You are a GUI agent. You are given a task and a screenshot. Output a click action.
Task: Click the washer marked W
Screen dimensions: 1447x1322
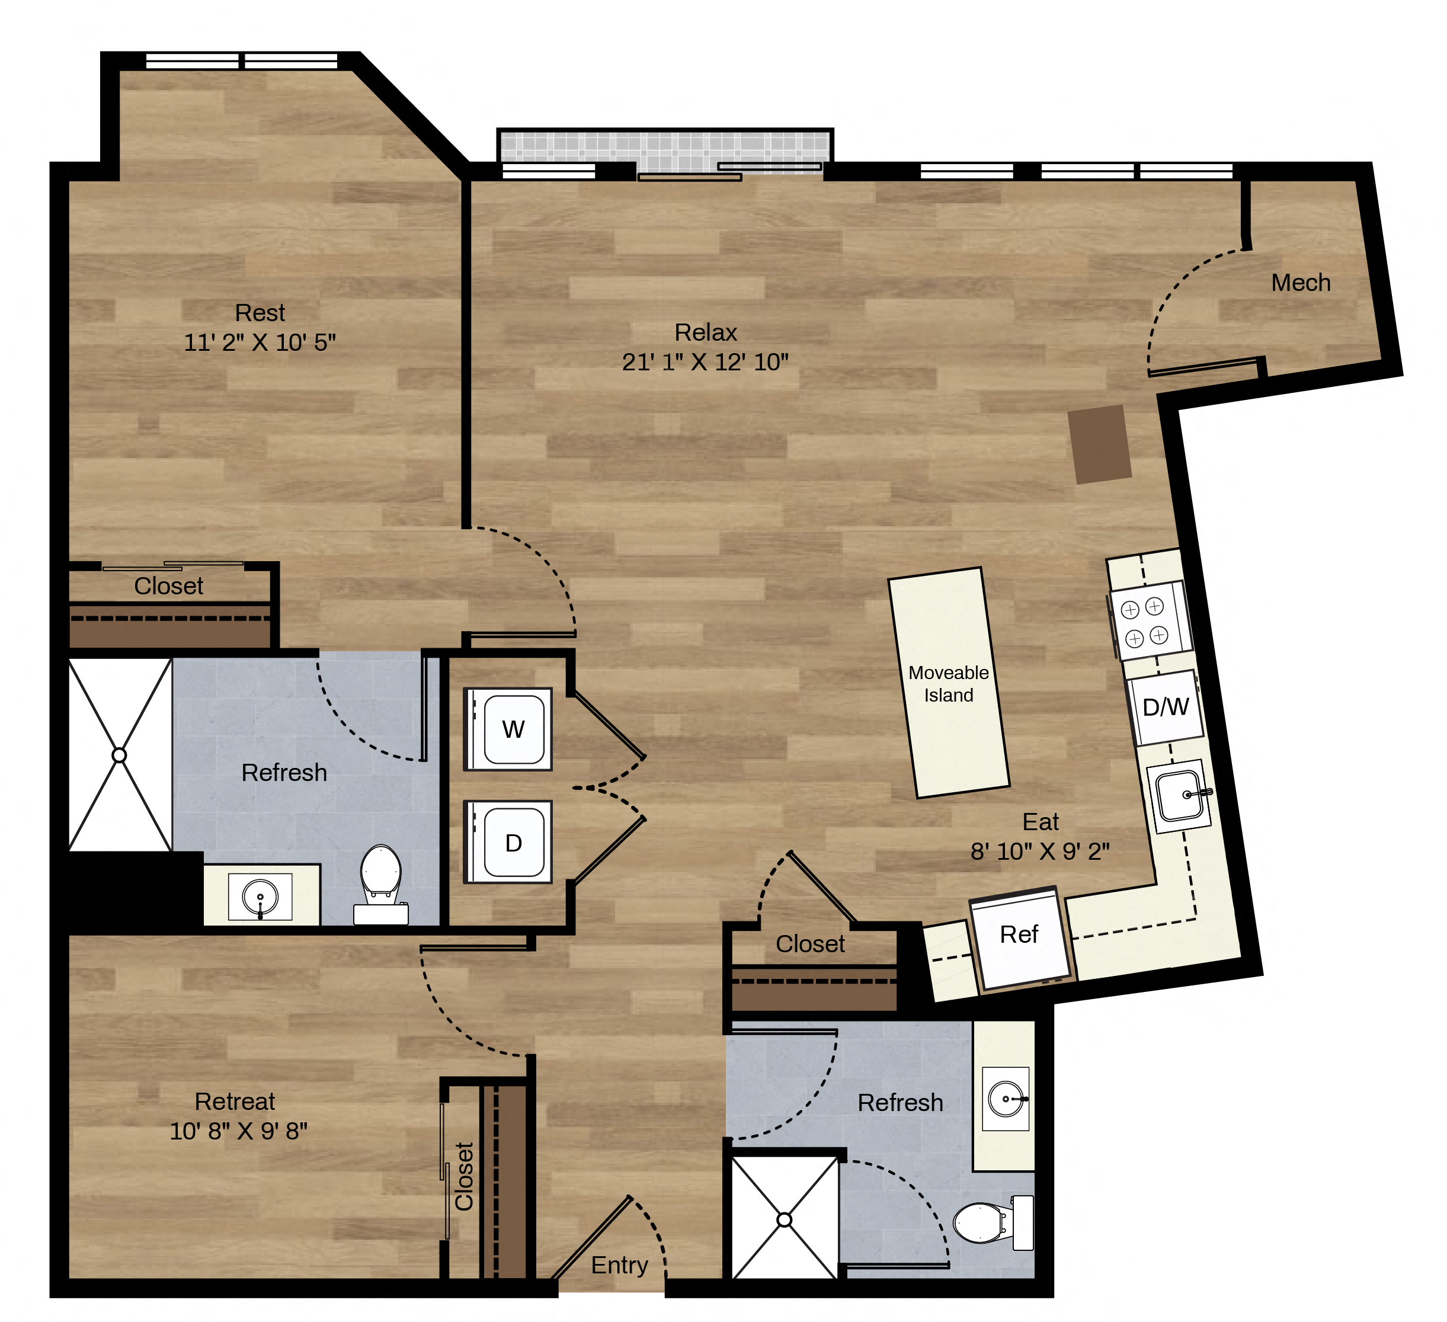point(507,729)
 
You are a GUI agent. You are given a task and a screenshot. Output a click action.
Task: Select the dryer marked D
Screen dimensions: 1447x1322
point(507,842)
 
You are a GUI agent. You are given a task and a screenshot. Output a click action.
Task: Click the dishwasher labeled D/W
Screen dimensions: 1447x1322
point(1166,708)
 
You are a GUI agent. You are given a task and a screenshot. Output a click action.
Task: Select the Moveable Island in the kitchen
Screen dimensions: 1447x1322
point(949,683)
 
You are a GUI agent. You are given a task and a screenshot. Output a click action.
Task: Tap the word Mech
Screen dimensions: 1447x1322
point(1301,283)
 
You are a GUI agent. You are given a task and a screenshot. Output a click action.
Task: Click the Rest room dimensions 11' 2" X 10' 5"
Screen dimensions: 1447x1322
point(260,342)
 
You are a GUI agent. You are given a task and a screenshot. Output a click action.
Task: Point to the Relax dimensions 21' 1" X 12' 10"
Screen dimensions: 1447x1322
point(705,361)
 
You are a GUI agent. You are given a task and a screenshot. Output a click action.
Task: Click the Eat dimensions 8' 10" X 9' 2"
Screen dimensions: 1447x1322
point(1040,851)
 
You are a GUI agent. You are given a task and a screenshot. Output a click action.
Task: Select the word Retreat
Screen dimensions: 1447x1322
point(235,1101)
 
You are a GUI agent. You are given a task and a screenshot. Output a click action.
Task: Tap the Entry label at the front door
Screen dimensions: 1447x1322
point(619,1265)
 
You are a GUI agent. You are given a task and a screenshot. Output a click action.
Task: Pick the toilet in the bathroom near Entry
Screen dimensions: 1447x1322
point(993,1223)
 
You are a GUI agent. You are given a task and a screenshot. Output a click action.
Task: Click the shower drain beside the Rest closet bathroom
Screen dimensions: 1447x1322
point(119,755)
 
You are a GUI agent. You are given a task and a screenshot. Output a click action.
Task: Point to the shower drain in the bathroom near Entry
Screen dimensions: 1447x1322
point(785,1219)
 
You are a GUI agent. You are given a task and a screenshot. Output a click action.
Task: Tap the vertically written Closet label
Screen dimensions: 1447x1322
point(465,1176)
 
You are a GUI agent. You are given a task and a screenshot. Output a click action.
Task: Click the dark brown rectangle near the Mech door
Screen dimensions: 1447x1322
point(1100,444)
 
